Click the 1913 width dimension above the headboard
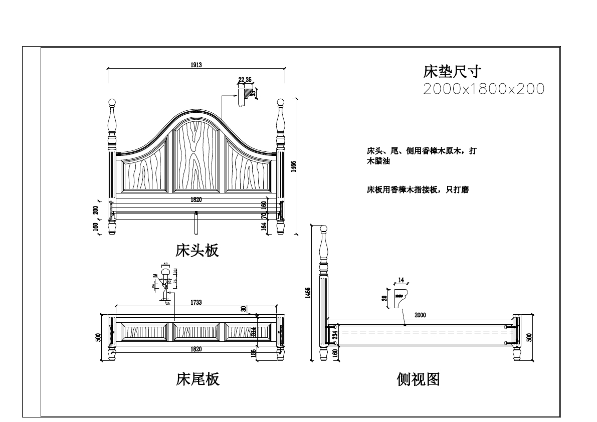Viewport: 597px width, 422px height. (196, 65)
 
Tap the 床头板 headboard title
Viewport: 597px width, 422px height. (197, 250)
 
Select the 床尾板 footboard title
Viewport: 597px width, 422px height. (197, 379)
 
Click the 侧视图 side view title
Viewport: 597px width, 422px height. (418, 379)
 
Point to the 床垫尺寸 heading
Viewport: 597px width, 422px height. (453, 72)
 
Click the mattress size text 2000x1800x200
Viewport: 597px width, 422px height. (484, 89)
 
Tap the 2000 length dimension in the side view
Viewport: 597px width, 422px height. (420, 315)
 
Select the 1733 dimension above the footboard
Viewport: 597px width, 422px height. (196, 302)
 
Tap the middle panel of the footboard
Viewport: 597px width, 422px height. (196, 331)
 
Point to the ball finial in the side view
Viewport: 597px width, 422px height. (324, 231)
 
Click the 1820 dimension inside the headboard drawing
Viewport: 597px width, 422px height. (196, 199)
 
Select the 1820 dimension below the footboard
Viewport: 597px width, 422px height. (196, 349)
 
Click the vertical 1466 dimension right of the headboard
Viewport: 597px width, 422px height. (294, 166)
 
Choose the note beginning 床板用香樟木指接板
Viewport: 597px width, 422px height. (418, 190)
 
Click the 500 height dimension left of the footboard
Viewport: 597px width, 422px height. (98, 337)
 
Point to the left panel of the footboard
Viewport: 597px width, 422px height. (145, 331)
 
